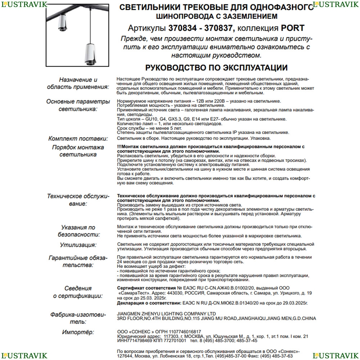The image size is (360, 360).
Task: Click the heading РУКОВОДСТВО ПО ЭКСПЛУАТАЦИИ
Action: (x=216, y=68)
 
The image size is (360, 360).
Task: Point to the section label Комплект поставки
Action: (x=78, y=139)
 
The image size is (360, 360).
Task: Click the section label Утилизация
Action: (x=78, y=245)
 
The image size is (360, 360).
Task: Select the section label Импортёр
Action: (x=78, y=332)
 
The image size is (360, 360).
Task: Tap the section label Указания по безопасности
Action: (x=78, y=231)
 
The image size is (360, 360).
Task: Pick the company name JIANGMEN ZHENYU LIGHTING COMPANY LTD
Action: (x=167, y=314)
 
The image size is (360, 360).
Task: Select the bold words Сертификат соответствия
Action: (x=147, y=288)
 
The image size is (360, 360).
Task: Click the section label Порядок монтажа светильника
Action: (x=78, y=151)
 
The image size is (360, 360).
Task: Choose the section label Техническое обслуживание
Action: (x=78, y=200)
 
